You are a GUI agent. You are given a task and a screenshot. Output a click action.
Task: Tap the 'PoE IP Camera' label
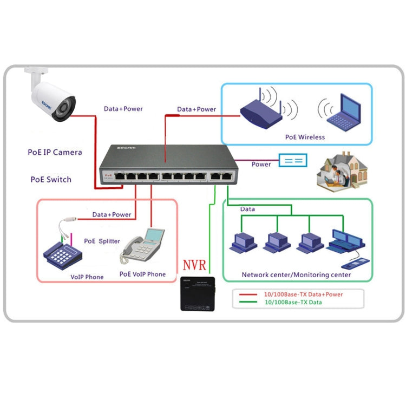[55, 153]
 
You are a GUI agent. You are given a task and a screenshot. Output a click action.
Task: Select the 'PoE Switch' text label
[50, 179]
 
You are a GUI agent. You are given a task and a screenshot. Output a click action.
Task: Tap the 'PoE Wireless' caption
[305, 137]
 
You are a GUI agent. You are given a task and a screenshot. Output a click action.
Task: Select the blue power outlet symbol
[292, 160]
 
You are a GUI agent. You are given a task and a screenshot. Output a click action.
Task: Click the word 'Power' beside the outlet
[261, 164]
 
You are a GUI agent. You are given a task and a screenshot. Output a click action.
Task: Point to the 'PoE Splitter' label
[102, 241]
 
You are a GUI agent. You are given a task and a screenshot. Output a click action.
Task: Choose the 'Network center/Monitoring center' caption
[296, 275]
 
